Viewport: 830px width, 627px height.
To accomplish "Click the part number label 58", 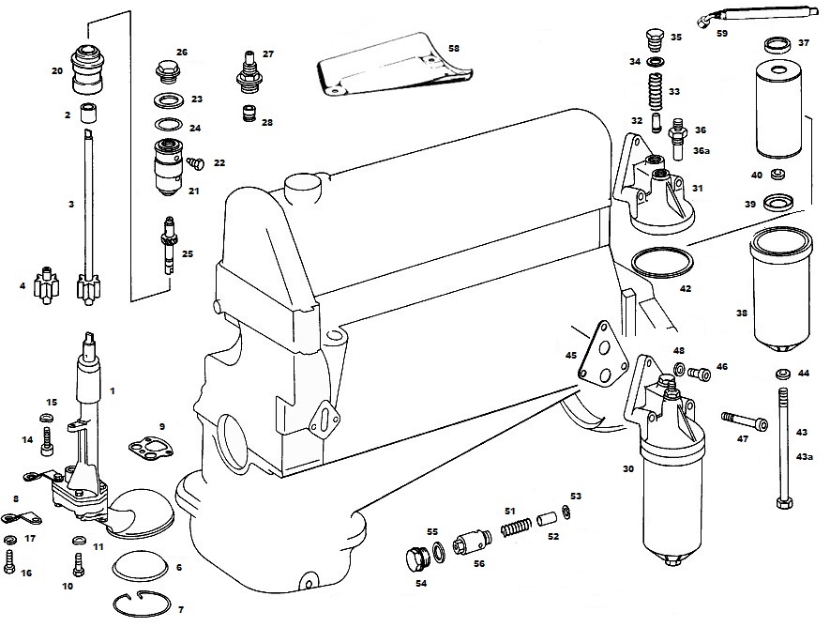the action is [454, 48].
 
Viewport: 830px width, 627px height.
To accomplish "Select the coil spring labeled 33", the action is [656, 91].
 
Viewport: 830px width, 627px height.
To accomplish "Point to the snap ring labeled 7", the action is [143, 604].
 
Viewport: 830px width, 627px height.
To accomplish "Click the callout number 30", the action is [627, 468].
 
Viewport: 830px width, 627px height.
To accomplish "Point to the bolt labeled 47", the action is [745, 421].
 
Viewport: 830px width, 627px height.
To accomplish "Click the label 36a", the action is [701, 150].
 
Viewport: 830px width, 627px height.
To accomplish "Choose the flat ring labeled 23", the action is [167, 99].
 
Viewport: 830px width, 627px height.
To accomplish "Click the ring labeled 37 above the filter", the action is [778, 44].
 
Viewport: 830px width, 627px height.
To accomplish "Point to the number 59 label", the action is [722, 34].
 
